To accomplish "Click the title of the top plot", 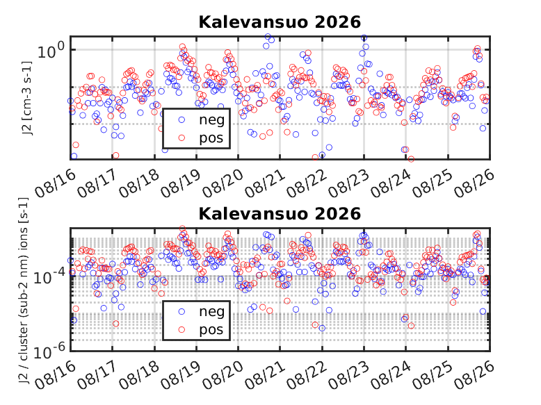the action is coord(280,22).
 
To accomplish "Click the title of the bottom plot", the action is coord(280,214).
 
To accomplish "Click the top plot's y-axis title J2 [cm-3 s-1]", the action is coord(27,98).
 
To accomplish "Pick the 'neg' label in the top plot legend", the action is coord(212,120).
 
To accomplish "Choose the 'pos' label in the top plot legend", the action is coord(211,138).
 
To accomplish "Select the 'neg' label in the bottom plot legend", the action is coord(212,312).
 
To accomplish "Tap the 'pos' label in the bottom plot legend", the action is coord(211,330).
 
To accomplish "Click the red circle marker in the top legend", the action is coord(181,138).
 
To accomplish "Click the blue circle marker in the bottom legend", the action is coord(181,312).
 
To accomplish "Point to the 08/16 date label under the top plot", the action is coord(55,183).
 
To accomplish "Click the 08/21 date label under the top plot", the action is coord(266,183).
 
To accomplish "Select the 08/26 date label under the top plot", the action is coord(474,183).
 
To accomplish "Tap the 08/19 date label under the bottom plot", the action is coord(181,375).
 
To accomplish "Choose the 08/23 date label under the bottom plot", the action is coord(348,375).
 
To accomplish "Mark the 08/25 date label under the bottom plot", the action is coord(433,375).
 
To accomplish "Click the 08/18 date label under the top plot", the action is coord(139,183).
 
